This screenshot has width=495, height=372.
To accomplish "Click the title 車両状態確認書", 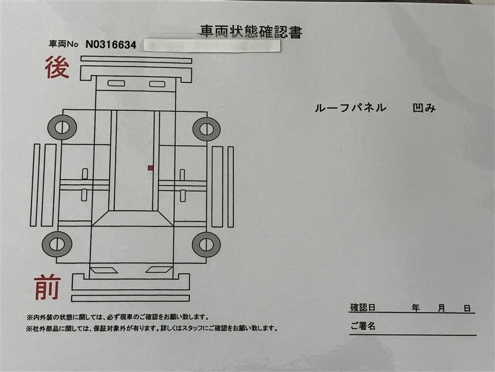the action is point(251,32).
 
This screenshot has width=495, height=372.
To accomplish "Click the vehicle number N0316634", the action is point(111,45).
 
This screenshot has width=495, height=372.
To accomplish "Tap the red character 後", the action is point(57,67).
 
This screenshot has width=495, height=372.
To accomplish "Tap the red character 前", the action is point(48,287).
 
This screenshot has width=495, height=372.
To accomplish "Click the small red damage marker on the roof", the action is point(150,168).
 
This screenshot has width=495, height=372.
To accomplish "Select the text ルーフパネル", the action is point(350,108).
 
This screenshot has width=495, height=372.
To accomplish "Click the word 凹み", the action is point(424,108).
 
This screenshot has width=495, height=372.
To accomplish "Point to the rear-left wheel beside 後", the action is point(62,128).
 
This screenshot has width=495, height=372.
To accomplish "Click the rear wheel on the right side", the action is point(207,129).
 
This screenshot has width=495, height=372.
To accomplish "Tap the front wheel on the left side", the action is point(57,244).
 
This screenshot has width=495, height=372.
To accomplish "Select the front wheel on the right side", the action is point(206,244).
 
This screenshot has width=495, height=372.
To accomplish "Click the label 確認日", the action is point(363,308).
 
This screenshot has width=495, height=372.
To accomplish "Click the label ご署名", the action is point(363,326).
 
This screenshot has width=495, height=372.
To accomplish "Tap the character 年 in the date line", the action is point(415,308).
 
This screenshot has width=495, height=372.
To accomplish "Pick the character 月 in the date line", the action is point(442,308).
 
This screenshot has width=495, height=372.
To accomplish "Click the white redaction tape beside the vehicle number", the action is point(212,45).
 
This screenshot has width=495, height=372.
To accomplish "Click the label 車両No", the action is point(63,43).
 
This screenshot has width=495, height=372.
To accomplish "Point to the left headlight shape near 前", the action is point(104,270).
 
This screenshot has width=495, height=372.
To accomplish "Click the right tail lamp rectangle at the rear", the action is point(157,84).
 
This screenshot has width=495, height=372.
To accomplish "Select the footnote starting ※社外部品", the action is point(152,329).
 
